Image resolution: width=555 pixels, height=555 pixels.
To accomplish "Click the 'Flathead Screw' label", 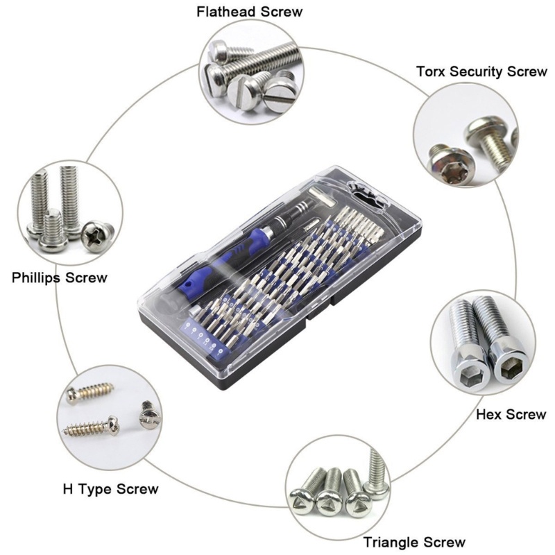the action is tap(250, 12).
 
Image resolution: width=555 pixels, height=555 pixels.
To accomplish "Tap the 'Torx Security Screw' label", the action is tap(481, 71).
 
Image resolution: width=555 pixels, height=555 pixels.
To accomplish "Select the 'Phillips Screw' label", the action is tap(60, 278).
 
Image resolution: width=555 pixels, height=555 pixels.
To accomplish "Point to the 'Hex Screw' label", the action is tap(511, 414).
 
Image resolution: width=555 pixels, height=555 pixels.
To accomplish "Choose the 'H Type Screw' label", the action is tap(111, 489).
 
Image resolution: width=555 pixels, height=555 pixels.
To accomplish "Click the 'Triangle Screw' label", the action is tap(414, 543).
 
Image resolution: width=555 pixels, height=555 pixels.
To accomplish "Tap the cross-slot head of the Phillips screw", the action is tap(97, 234).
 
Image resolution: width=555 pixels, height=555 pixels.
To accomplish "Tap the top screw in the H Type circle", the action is tap(91, 391).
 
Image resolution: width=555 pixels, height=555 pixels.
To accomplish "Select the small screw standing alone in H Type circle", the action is tap(150, 414).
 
